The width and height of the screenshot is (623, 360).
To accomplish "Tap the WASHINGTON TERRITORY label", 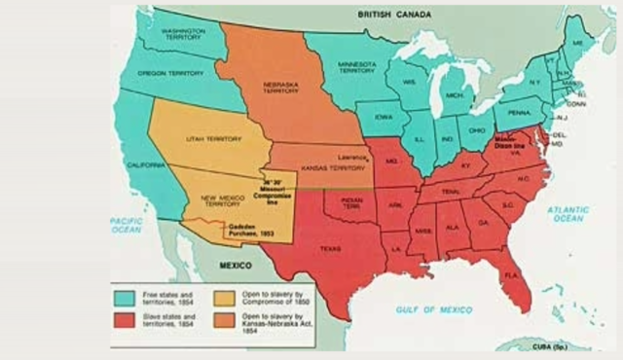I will click(x=180, y=33).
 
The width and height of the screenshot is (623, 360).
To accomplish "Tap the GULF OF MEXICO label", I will click(x=433, y=308).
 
